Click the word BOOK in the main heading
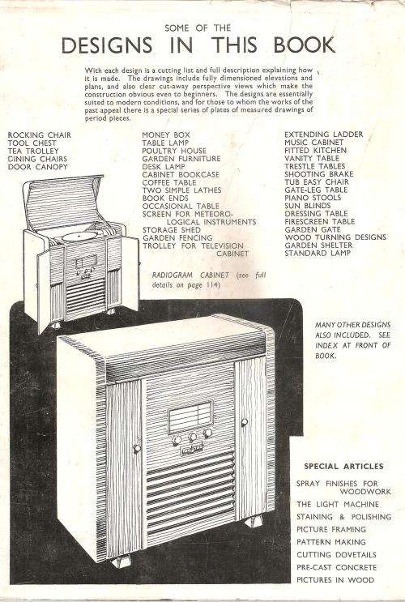305,45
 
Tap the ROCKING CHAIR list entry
40,134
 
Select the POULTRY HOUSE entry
174,151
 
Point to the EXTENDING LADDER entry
324,134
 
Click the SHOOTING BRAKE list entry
319,174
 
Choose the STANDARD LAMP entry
318,253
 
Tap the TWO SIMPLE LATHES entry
182,190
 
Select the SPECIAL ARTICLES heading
343,467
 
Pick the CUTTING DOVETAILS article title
336,555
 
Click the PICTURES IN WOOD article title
335,580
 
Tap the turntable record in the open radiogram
80,236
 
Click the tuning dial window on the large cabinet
190,417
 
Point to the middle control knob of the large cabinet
193,437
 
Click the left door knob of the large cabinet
137,448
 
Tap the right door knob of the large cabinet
244,423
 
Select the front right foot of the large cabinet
254,521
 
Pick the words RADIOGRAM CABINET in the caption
190,275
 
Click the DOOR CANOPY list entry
37,167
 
